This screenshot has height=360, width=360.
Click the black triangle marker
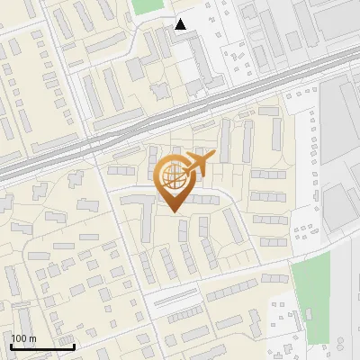(x=181, y=24)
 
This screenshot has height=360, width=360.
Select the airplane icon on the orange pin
(x=199, y=165)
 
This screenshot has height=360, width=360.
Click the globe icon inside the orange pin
(x=171, y=178)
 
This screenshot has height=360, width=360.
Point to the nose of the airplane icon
(x=213, y=157)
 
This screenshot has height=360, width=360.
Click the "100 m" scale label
(x=24, y=338)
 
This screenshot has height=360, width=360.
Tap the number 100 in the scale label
(x=20, y=338)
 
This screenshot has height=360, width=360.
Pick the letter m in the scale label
(x=32, y=338)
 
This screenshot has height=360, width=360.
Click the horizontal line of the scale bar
(x=42, y=346)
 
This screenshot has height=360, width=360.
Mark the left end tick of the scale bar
(x=11, y=344)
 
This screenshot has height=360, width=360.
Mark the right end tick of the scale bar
(x=74, y=344)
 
